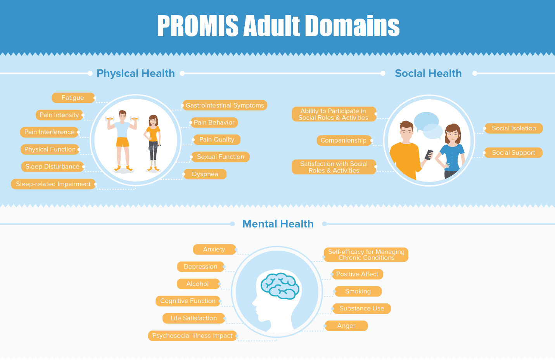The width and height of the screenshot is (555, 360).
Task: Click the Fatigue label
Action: pos(73,98)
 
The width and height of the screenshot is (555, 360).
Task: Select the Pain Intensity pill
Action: pos(59,115)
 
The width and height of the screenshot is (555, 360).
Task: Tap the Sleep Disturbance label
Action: pos(52,167)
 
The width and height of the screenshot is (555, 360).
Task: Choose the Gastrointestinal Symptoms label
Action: pos(225,105)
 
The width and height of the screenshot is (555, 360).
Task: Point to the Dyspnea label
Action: pos(205,174)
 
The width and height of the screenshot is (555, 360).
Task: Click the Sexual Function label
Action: pos(220,157)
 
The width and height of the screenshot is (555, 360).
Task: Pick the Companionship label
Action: pos(344,140)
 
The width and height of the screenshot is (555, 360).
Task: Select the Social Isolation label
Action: pos(514,128)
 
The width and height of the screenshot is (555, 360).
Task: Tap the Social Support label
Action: pos(514,153)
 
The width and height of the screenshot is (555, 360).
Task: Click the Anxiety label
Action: pos(214,249)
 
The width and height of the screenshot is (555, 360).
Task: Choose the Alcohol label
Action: pos(198,284)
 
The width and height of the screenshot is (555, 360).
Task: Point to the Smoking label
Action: pos(358,291)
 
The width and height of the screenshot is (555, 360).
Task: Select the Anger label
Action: pos(346,326)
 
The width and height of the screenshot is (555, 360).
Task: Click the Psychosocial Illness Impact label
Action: pos(192,336)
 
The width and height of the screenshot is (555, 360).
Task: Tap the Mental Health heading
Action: pos(278,224)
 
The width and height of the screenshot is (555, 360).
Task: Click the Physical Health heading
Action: pos(136,73)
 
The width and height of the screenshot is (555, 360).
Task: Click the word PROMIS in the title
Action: pos(198,26)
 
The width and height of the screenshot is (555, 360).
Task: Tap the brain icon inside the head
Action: pos(280,286)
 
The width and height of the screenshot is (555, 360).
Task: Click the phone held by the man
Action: pos(429,155)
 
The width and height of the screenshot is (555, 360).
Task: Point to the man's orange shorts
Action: pos(123,142)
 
